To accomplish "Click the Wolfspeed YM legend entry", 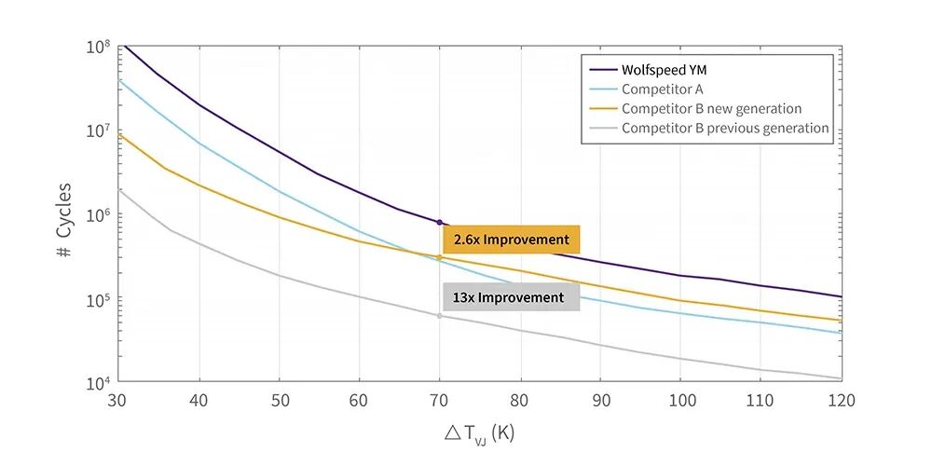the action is (x=649, y=70).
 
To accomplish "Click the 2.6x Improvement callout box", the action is (x=511, y=240).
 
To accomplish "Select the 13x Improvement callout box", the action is (x=511, y=297).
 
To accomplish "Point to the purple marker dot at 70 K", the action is (x=439, y=223).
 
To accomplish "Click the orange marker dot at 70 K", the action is (x=439, y=257).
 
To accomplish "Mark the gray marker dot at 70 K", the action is (x=439, y=316).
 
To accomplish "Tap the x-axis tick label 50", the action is (x=280, y=400).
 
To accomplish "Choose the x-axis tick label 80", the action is (x=519, y=400).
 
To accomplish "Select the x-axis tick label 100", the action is (x=680, y=400).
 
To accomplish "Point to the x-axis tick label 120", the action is (x=840, y=400).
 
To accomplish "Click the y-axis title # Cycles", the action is (x=63, y=220).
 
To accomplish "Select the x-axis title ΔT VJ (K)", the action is (x=478, y=433).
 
